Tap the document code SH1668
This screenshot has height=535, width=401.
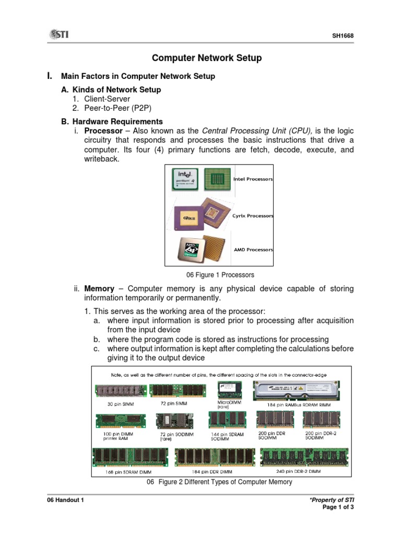(x=344, y=36)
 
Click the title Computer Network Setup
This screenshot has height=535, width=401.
(x=207, y=58)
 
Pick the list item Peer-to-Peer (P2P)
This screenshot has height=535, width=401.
(x=116, y=108)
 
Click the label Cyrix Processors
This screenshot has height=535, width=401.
(x=253, y=216)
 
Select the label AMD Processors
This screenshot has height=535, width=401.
(x=253, y=250)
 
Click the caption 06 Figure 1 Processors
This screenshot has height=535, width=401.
(x=220, y=275)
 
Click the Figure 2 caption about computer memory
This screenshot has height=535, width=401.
(x=219, y=482)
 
